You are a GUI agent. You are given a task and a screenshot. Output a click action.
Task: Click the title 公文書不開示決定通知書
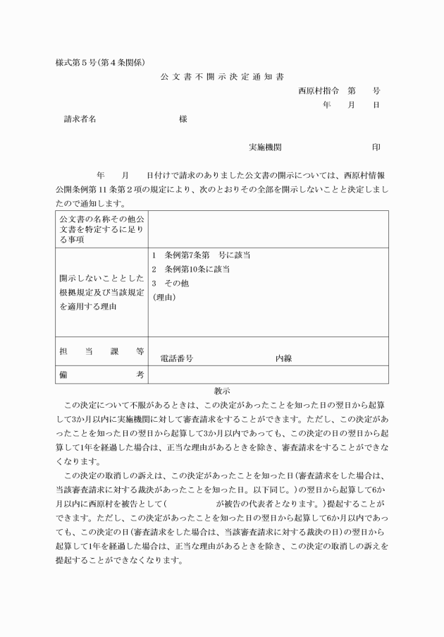point(222,76)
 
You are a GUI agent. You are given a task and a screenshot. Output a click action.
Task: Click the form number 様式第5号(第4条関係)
point(101,62)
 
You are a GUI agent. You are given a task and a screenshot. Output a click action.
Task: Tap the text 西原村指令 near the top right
point(319,91)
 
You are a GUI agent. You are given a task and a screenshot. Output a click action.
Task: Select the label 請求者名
point(80,119)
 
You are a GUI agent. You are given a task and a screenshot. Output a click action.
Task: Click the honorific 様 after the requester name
point(183,119)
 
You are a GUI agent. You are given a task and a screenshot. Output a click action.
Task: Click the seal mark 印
point(376,147)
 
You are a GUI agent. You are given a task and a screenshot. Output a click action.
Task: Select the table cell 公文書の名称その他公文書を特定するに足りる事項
point(101,229)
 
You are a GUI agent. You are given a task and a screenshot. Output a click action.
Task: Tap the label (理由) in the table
point(164,298)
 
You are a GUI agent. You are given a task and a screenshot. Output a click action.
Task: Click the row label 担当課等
point(101,351)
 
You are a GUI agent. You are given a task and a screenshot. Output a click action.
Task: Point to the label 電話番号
point(177,358)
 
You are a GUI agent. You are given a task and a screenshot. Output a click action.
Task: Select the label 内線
point(283,358)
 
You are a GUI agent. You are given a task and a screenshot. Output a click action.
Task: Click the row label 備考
point(101,375)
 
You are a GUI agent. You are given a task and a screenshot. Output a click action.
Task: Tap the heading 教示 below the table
point(222,390)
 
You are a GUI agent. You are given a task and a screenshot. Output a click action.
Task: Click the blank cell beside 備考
point(268,375)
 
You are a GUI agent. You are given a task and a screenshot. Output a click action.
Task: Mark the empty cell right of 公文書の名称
point(268,229)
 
